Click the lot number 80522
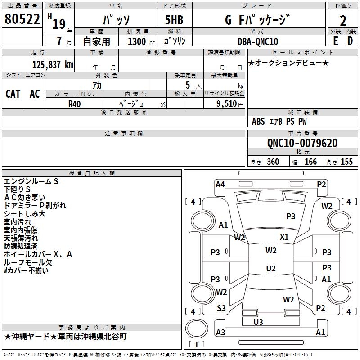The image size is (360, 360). [22, 20]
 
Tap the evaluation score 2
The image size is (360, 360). [343, 20]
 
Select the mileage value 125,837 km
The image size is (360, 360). [53, 64]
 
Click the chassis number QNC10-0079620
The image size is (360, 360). [302, 143]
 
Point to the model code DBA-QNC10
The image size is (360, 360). [258, 41]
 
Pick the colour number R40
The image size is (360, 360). [75, 103]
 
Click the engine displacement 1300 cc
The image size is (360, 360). [139, 41]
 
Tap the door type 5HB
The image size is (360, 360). [171, 20]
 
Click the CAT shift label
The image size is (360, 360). [13, 94]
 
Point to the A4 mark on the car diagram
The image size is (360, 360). [220, 184]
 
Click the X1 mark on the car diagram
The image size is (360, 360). [284, 237]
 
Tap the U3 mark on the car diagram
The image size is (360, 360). [258, 322]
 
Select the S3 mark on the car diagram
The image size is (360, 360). [221, 308]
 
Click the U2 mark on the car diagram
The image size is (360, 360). [271, 268]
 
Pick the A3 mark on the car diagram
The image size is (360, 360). [220, 332]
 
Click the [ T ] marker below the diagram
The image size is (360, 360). [197, 344]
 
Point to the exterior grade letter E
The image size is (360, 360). [335, 41]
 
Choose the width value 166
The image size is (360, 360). [310, 162]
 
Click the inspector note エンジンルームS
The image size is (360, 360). [31, 181]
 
